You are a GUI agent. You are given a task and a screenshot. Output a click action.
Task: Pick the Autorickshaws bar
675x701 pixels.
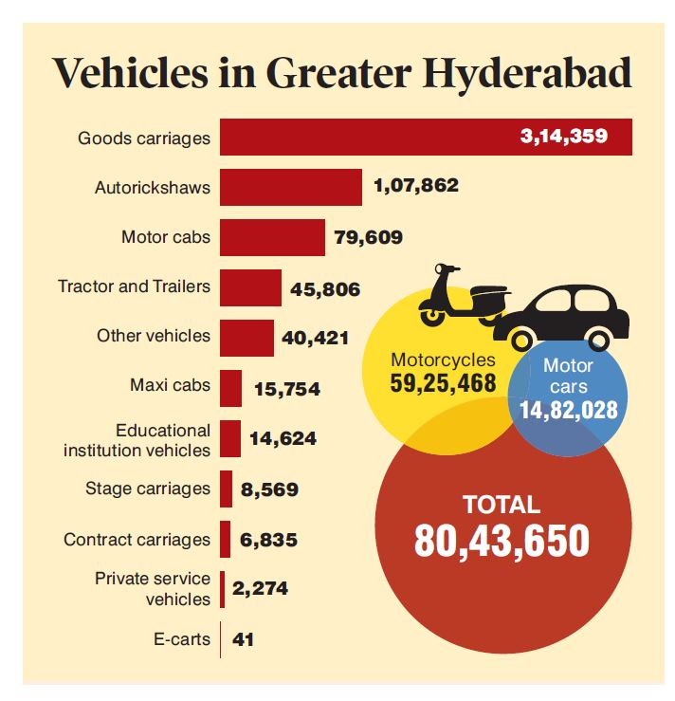[x=290, y=187]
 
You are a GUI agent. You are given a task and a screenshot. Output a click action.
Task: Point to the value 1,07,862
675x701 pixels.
[x=416, y=186]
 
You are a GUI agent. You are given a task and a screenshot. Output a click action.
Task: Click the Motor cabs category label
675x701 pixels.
[x=166, y=236]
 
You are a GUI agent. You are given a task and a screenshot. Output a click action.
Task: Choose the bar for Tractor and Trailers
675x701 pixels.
[x=250, y=287]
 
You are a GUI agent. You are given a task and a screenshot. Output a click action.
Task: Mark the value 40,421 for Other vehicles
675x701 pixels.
[x=316, y=338]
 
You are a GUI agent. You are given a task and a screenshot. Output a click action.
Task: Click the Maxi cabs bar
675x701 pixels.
[x=230, y=388]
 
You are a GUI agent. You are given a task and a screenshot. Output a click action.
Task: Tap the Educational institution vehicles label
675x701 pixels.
[x=137, y=440]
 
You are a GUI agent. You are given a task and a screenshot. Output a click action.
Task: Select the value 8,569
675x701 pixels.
[x=269, y=489]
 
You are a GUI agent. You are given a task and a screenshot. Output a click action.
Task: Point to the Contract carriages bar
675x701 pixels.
[x=226, y=539]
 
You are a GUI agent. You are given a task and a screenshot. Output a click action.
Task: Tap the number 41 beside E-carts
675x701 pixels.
[x=243, y=639]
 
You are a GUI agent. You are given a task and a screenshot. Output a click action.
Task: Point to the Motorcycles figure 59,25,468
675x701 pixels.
[x=443, y=384]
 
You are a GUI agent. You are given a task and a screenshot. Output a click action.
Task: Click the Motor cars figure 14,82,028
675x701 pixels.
[x=568, y=410]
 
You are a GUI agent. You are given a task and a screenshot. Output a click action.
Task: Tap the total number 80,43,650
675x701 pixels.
[x=502, y=540]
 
